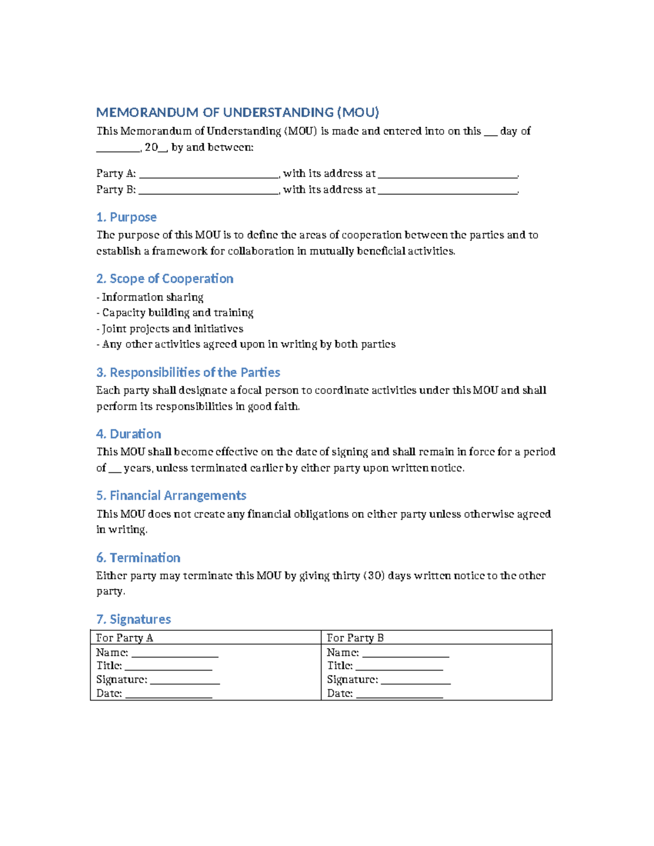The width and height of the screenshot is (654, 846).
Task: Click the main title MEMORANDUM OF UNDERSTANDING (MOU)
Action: pyautogui.click(x=237, y=113)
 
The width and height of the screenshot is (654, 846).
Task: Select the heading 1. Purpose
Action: pyautogui.click(x=126, y=217)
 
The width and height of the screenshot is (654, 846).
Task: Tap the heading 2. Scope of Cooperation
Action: pyautogui.click(x=165, y=279)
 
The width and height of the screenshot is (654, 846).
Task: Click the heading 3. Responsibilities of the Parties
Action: pyautogui.click(x=188, y=373)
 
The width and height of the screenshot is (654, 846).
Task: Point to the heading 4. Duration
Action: pyautogui.click(x=129, y=434)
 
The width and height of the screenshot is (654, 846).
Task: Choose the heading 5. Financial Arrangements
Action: pyautogui.click(x=171, y=496)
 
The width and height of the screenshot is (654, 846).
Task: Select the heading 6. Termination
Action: pyautogui.click(x=138, y=558)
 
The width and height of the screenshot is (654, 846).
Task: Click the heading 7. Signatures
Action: pyautogui.click(x=134, y=619)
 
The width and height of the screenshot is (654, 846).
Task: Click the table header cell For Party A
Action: pyautogui.click(x=125, y=638)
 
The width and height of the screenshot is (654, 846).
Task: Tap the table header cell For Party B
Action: pyautogui.click(x=355, y=638)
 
